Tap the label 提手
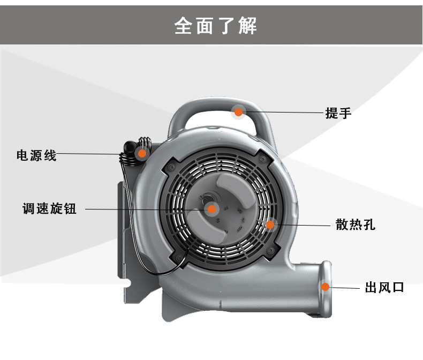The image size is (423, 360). (338, 113)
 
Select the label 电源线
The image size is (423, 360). (36, 156)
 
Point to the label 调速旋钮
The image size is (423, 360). (49, 209)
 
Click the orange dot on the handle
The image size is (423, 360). (239, 112)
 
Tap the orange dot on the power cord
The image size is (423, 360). (142, 153)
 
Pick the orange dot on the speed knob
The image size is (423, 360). (211, 209)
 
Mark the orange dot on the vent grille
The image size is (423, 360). (270, 224)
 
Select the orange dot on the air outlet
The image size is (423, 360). (325, 286)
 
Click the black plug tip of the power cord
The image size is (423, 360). (129, 146)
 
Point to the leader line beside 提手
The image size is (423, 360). (284, 112)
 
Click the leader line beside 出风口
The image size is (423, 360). (345, 288)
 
